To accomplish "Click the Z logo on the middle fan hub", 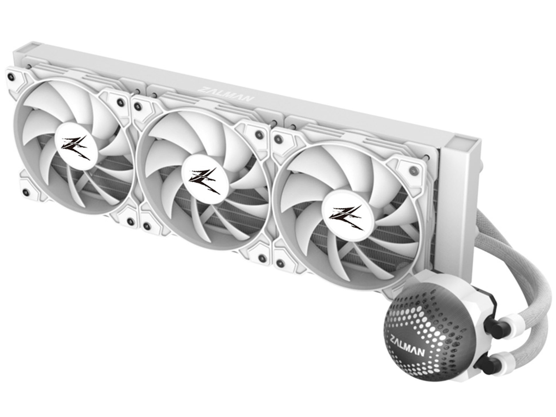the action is (205, 181).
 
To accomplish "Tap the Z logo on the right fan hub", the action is (347, 218).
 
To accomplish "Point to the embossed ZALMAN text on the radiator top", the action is (225, 94).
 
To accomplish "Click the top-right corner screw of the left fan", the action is (120, 102).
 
